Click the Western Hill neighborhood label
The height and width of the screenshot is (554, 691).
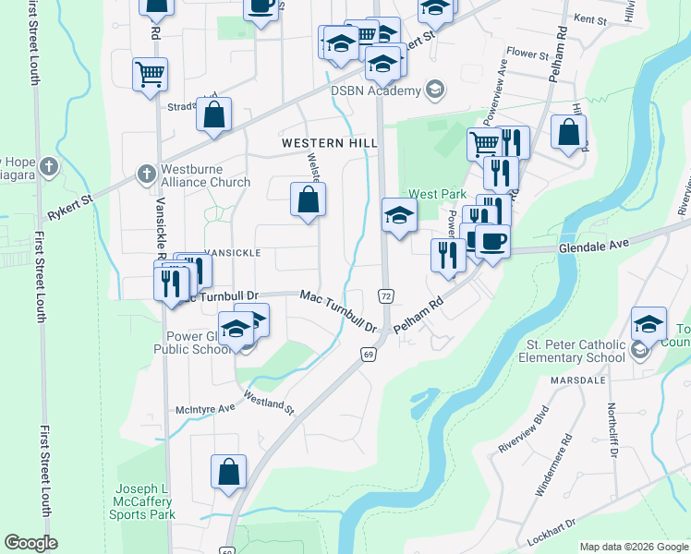pos(330,143)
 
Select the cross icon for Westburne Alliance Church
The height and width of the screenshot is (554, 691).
pos(146,173)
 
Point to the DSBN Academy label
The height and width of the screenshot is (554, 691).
pos(375,90)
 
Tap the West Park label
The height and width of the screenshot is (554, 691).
pos(437,194)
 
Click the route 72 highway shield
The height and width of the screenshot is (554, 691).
pos(385,294)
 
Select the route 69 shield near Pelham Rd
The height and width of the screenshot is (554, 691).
pos(368,355)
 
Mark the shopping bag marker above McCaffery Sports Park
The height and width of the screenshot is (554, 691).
pos(228,471)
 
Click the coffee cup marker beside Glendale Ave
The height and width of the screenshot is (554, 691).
pos(491,242)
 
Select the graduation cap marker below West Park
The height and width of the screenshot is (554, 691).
pos(399,216)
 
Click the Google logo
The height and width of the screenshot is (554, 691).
pos(30,543)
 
